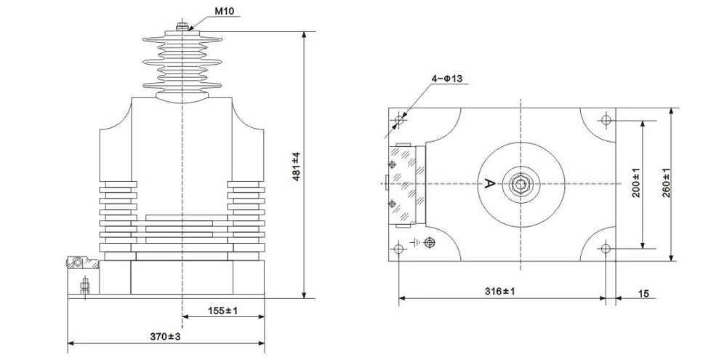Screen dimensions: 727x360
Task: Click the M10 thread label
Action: [223, 11]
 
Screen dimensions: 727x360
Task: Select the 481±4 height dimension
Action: [297, 166]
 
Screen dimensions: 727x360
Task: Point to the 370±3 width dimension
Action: [165, 336]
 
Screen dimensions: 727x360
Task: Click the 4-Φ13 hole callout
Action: [447, 79]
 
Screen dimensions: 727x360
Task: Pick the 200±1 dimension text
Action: [635, 183]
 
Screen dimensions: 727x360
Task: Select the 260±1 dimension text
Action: [666, 183]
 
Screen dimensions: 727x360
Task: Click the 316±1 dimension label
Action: [500, 292]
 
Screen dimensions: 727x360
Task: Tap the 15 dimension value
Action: [643, 294]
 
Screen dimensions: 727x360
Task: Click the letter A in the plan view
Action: [489, 184]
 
